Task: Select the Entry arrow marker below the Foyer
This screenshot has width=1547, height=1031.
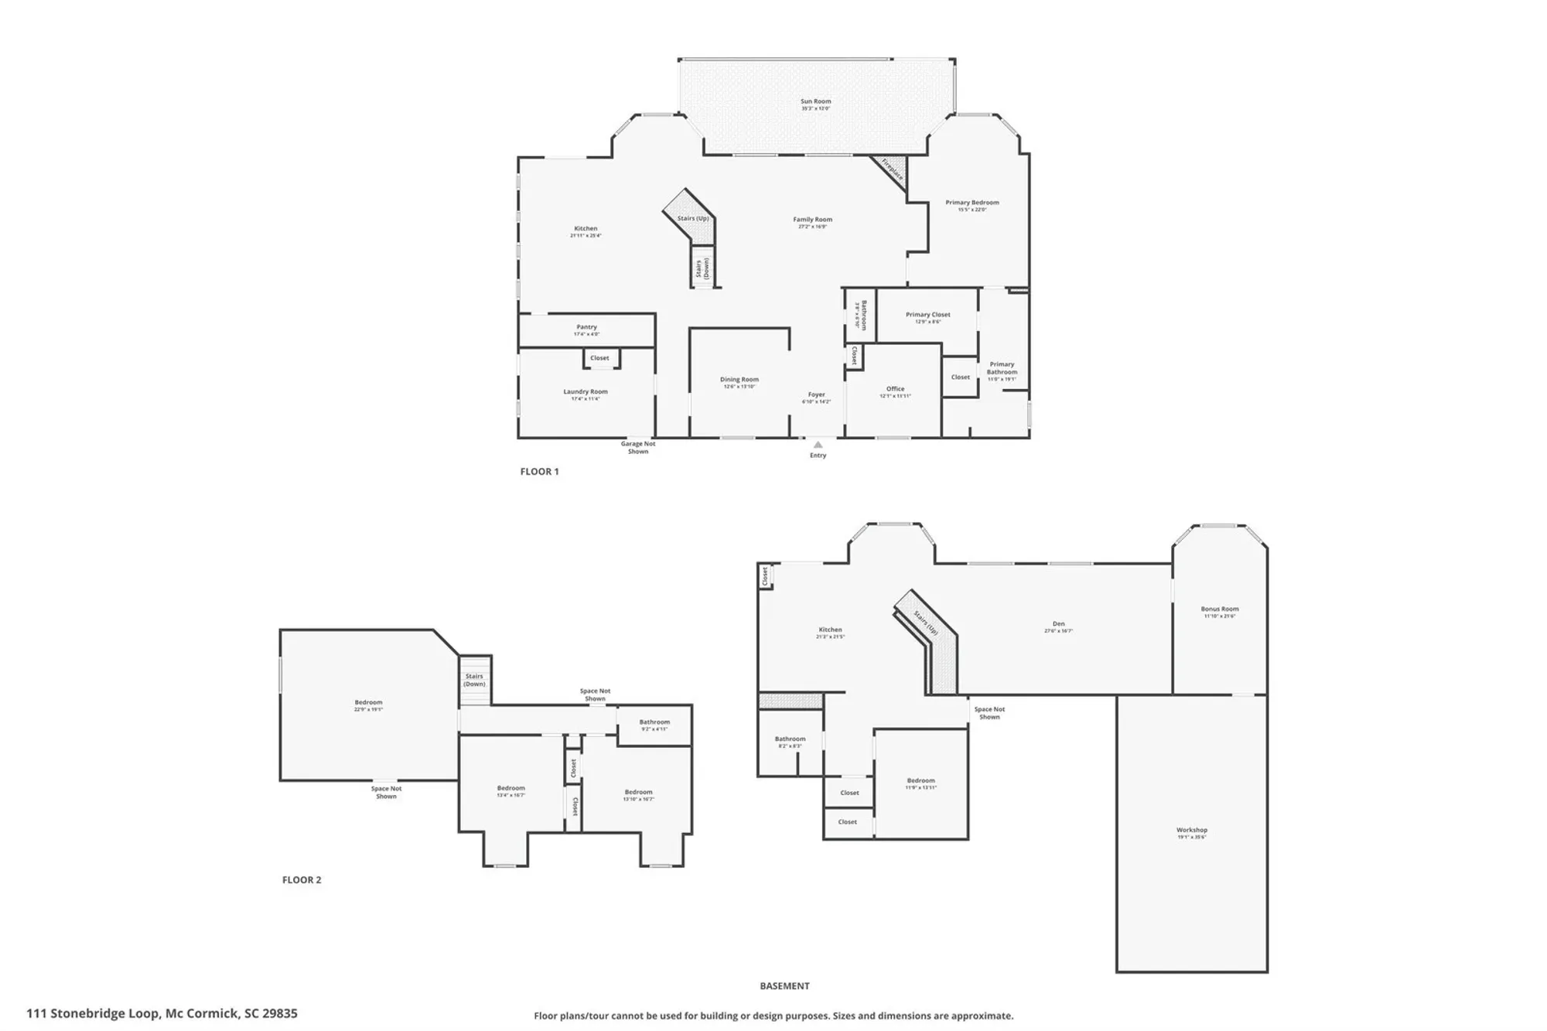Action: [818, 445]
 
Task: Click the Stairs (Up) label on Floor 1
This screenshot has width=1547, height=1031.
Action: [692, 218]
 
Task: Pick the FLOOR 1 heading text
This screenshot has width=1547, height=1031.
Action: [539, 471]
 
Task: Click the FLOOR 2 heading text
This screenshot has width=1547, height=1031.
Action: [301, 879]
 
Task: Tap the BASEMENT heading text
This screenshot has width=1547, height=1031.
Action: [784, 985]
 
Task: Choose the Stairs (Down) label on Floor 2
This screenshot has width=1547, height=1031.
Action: [474, 680]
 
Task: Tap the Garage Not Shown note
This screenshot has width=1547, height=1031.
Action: [638, 447]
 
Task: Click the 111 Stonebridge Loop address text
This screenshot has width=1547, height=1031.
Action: [162, 1012]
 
